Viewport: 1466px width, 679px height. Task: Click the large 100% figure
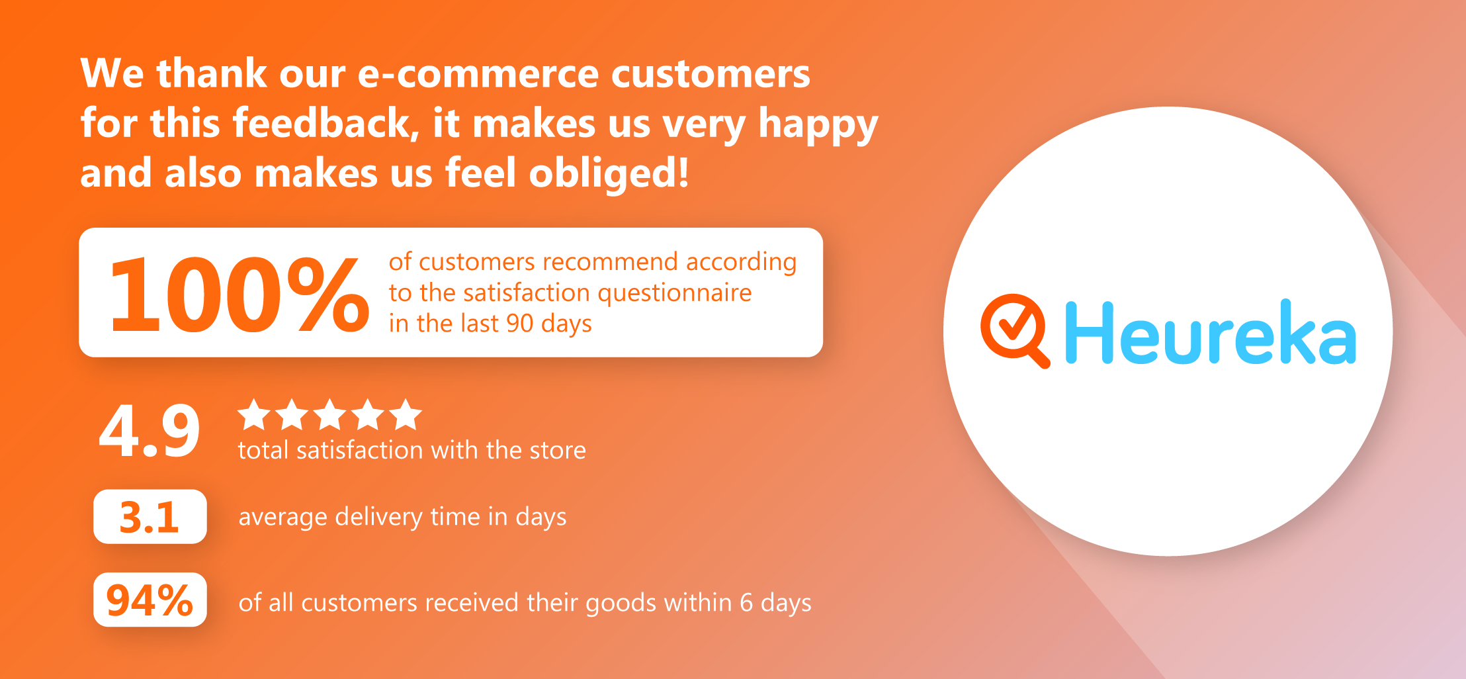click(x=239, y=294)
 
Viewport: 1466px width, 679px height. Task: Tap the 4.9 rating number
click(x=150, y=431)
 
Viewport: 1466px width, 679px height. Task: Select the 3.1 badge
click(x=150, y=516)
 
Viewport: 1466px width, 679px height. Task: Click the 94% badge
click(x=150, y=600)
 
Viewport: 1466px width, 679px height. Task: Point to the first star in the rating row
click(x=254, y=414)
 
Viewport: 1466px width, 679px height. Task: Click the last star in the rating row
click(x=406, y=414)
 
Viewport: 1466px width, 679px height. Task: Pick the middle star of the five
click(x=329, y=414)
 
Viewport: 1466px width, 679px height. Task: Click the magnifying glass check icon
click(x=1015, y=330)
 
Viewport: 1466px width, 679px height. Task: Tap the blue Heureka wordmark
click(x=1211, y=332)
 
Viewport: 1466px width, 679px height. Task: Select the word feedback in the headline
click(x=326, y=123)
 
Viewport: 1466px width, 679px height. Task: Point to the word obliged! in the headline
click(x=609, y=173)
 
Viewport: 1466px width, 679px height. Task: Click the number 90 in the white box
click(x=520, y=324)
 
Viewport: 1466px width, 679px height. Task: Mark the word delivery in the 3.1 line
click(x=378, y=517)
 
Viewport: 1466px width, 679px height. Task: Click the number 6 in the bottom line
click(x=746, y=603)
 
